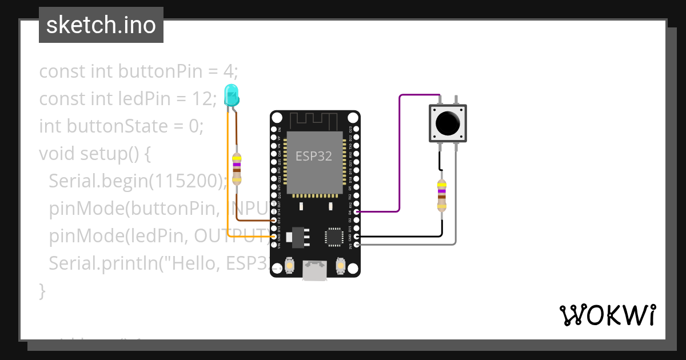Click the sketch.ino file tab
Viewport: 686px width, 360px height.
click(x=101, y=25)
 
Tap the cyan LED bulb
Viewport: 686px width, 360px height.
click(x=232, y=95)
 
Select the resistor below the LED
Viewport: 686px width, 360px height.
click(x=237, y=169)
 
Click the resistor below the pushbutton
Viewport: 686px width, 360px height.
click(x=441, y=195)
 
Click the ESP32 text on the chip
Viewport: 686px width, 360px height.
click(x=313, y=156)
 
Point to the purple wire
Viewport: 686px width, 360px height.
click(x=400, y=154)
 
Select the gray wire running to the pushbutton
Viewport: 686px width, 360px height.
click(x=456, y=200)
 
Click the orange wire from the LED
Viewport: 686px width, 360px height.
click(x=228, y=171)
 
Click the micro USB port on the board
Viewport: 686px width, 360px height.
click(x=315, y=271)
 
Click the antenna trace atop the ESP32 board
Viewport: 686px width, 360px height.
click(x=314, y=121)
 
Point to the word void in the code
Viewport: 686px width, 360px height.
click(x=57, y=154)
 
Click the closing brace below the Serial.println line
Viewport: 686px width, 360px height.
click(x=42, y=290)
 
